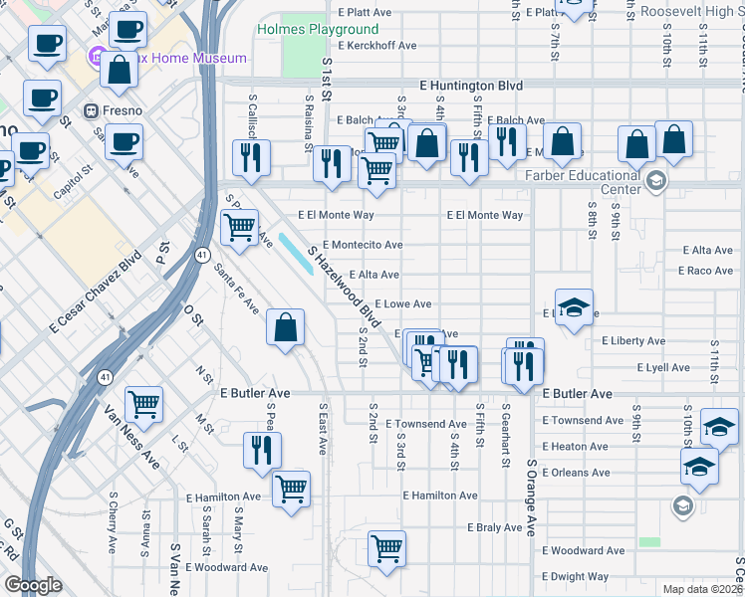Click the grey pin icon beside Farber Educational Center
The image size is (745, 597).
click(x=655, y=180)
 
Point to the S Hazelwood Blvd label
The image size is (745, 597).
click(x=345, y=288)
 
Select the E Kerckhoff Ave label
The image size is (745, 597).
click(x=377, y=46)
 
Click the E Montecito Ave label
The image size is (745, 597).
click(x=362, y=245)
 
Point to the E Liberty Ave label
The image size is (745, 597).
click(x=633, y=341)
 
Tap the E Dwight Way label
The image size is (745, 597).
click(x=575, y=576)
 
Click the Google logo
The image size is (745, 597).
click(x=33, y=585)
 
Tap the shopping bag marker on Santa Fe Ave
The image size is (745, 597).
click(x=286, y=327)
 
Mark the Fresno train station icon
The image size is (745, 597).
click(x=90, y=110)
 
